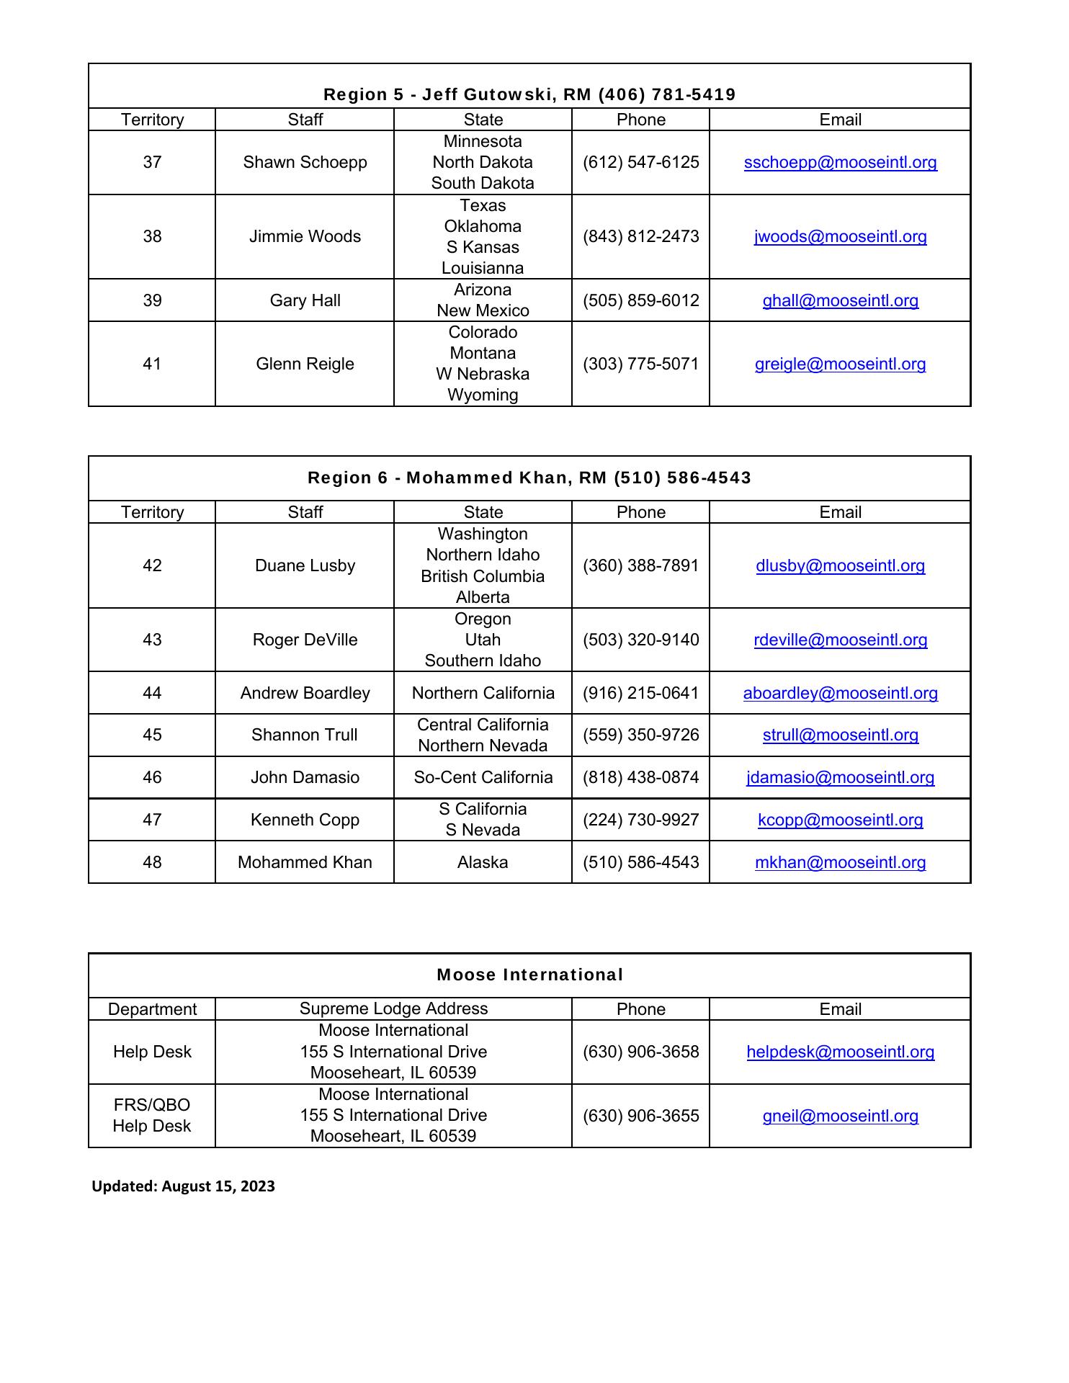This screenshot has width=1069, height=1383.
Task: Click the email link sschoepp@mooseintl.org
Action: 840,162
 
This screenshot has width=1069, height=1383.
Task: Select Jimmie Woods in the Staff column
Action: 305,236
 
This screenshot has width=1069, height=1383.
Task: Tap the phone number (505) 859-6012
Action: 640,300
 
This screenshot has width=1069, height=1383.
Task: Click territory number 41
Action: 152,364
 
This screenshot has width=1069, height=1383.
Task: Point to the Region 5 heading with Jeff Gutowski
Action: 529,94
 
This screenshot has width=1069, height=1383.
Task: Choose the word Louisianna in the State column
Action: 483,268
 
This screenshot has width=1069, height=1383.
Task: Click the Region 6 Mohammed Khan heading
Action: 529,478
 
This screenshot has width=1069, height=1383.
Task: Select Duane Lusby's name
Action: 305,565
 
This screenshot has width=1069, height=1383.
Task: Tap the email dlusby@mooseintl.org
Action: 840,565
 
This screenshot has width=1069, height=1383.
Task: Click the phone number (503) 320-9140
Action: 640,640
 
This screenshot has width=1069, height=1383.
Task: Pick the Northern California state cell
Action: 483,693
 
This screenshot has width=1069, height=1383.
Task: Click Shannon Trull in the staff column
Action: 305,735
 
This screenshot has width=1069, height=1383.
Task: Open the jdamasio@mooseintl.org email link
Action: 840,777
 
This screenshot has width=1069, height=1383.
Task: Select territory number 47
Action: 152,820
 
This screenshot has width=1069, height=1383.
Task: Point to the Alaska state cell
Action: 483,862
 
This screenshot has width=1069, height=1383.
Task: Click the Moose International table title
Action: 529,975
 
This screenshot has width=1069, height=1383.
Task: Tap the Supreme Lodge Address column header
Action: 393,1008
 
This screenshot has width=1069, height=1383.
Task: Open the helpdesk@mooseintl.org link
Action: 840,1052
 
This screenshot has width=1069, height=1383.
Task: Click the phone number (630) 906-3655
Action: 640,1116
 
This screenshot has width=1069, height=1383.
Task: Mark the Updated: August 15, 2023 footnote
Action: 183,1186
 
